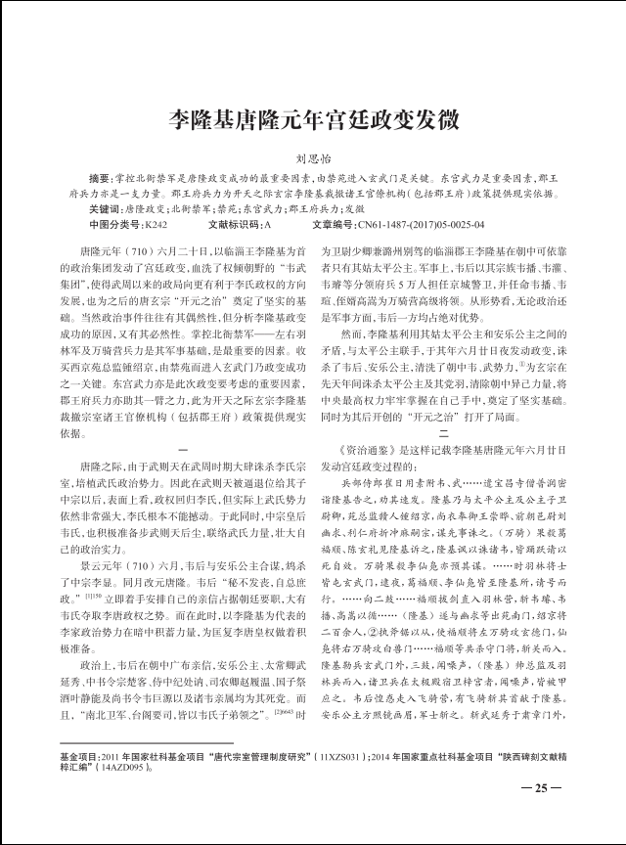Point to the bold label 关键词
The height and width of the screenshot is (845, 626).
click(105, 209)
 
